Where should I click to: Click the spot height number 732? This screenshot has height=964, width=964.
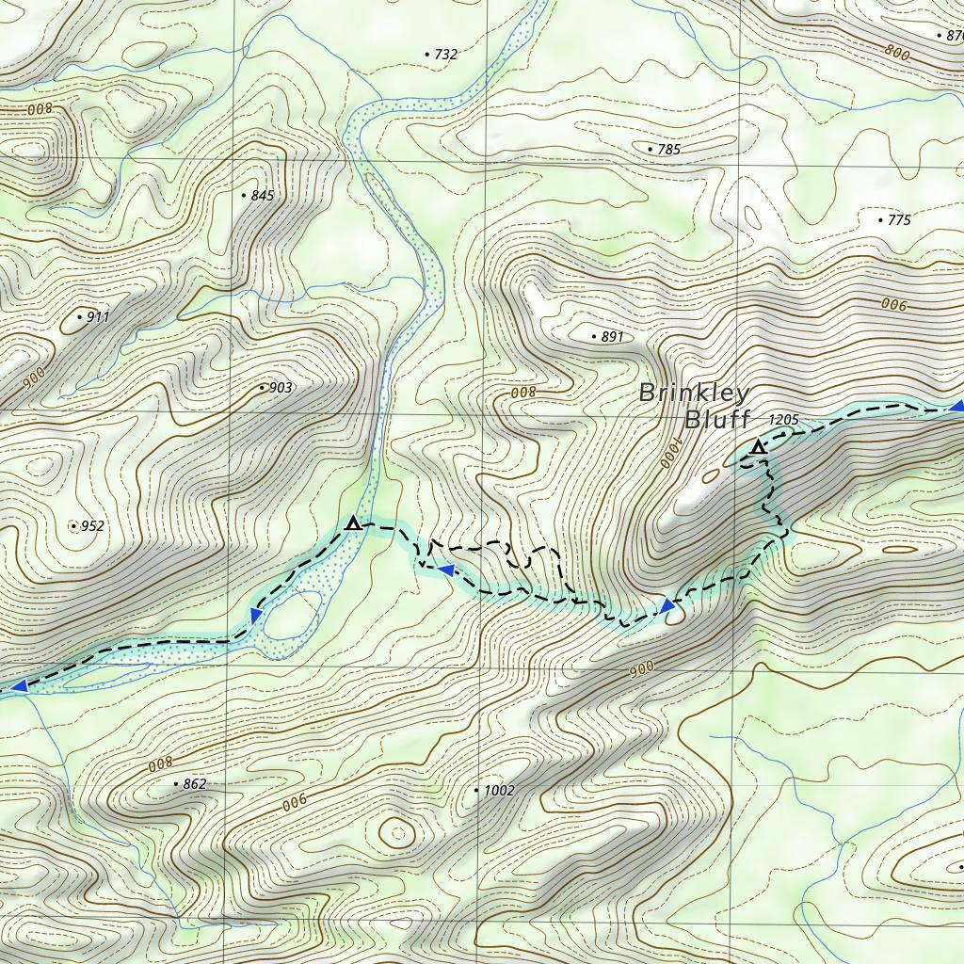click(444, 55)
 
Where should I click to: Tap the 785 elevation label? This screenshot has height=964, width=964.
click(668, 150)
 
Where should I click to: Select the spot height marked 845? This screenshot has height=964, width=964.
click(263, 196)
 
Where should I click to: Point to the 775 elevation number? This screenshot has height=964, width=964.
click(899, 220)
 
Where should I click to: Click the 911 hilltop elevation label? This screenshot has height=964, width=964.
click(98, 317)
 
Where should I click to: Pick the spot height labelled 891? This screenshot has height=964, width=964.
click(612, 337)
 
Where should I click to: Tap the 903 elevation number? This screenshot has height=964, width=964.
click(281, 388)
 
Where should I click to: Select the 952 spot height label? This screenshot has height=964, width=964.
click(92, 526)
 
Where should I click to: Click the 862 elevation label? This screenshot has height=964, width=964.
click(194, 784)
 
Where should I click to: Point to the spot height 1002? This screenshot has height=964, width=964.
click(499, 791)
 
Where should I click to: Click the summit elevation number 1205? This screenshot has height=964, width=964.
click(783, 420)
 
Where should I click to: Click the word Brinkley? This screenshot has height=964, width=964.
click(695, 394)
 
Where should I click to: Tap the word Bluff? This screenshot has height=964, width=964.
click(717, 420)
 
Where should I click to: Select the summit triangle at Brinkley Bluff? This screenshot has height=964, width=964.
click(758, 447)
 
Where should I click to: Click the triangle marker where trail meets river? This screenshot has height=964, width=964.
click(353, 522)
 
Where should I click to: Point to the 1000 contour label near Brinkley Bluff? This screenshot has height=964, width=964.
click(667, 450)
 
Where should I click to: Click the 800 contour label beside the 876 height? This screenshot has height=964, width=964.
click(896, 54)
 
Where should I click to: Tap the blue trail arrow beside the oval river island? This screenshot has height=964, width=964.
click(255, 616)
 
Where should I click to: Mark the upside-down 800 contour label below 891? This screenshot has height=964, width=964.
click(522, 393)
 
